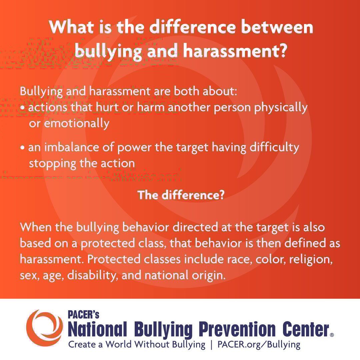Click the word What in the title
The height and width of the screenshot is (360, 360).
click(x=71, y=27)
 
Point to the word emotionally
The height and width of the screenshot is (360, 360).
click(x=76, y=124)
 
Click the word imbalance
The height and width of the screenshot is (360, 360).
click(x=72, y=147)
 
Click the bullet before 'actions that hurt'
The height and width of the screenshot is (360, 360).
click(x=22, y=108)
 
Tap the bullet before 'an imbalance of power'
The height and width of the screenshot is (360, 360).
click(x=22, y=148)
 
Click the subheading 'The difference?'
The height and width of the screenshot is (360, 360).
click(x=181, y=195)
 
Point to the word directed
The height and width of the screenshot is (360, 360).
click(x=195, y=227)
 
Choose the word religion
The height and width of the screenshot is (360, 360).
click(x=311, y=260)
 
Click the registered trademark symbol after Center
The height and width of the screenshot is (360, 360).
click(x=332, y=335)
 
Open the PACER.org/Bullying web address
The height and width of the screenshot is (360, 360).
click(x=259, y=345)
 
